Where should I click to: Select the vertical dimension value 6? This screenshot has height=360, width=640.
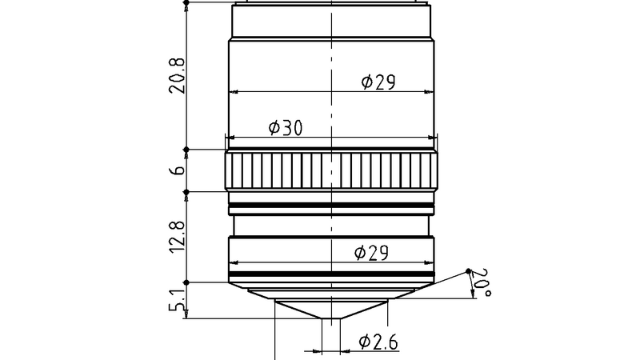178,170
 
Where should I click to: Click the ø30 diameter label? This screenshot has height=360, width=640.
285,127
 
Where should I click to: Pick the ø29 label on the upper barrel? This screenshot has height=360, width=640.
378,82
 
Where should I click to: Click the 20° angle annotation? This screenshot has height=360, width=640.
479,284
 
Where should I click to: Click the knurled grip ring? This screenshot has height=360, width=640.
332,170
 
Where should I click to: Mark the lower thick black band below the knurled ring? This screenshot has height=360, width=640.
332,214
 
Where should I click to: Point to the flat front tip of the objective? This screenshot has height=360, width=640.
332,319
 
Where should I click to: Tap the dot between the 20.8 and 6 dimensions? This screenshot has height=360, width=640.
186,150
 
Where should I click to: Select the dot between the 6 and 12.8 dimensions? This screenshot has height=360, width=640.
186,191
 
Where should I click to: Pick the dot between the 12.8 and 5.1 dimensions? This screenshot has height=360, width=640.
186,282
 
